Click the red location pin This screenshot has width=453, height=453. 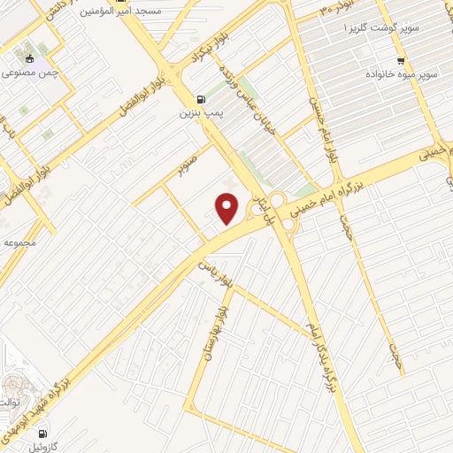228,209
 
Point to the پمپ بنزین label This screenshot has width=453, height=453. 199,113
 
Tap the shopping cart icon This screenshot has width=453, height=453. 401,61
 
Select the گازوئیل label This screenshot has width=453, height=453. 39,449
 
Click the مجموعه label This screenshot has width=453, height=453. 19,241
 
